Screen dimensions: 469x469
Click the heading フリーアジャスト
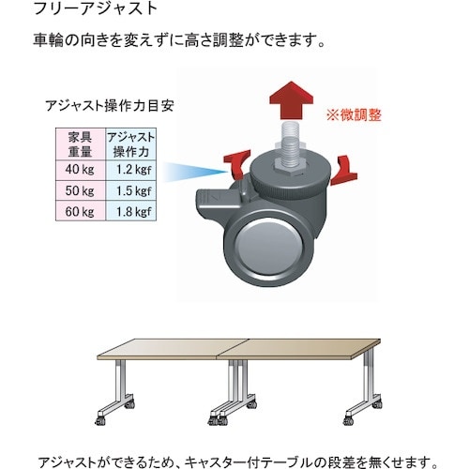click(95, 8)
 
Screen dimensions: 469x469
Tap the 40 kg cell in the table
click(81, 170)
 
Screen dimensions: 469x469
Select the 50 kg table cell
click(81, 190)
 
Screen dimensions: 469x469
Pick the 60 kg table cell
click(81, 211)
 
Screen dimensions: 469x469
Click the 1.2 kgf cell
click(131, 170)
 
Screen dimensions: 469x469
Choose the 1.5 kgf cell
click(131, 190)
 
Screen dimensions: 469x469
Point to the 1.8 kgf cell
click(131, 211)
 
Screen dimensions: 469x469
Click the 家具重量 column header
click(81, 144)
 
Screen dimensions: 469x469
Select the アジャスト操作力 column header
click(131, 144)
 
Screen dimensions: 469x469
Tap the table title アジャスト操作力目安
click(110, 106)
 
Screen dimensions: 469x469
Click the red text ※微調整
click(354, 115)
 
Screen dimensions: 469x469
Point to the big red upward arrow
click(291, 100)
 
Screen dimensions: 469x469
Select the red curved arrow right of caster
click(344, 171)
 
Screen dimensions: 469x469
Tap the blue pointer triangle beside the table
click(195, 172)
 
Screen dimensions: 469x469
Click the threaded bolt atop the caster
click(291, 146)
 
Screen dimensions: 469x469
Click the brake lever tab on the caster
click(218, 199)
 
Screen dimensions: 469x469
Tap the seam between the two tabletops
click(233, 348)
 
